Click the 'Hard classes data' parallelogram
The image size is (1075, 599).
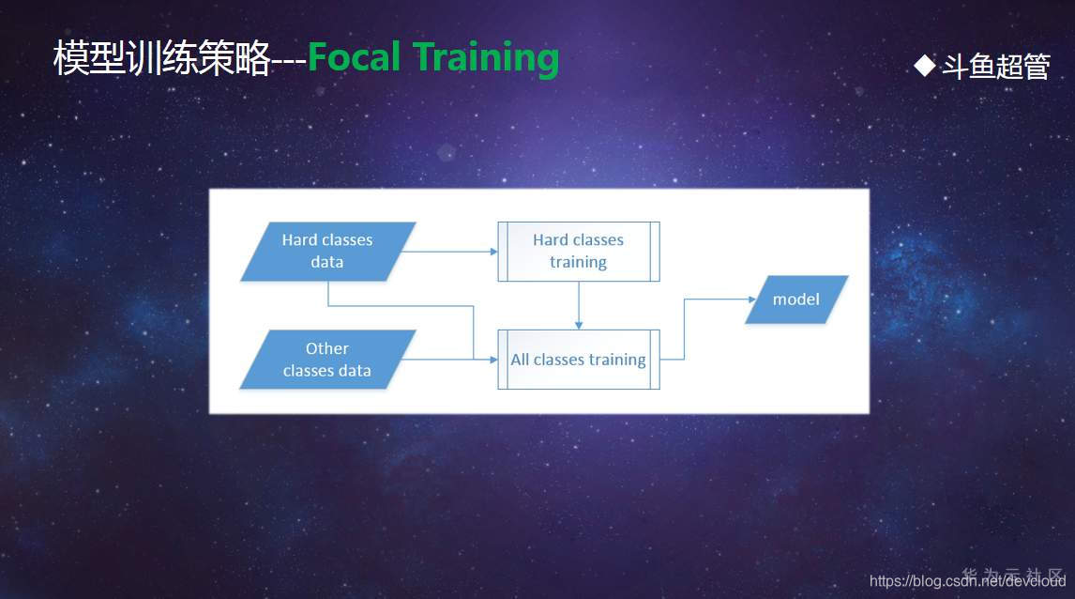click(327, 252)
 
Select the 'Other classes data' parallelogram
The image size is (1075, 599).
click(327, 360)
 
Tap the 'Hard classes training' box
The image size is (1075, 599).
click(578, 252)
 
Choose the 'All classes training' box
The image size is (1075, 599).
click(578, 360)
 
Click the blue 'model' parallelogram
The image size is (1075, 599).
click(796, 299)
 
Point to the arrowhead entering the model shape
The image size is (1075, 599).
click(752, 299)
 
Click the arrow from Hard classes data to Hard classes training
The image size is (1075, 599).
click(450, 252)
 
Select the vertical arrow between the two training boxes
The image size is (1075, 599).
click(579, 305)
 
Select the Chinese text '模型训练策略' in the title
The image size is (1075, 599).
click(161, 59)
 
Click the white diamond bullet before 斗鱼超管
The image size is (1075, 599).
click(925, 65)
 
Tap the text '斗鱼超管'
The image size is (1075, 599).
click(995, 67)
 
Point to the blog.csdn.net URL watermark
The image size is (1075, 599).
click(967, 581)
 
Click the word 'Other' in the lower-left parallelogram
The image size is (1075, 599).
click(327, 348)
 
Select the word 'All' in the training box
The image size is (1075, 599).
click(520, 360)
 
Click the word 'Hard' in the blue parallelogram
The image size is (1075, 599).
click(299, 240)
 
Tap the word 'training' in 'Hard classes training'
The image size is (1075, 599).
click(578, 263)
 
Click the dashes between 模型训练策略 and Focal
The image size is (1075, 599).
click(288, 61)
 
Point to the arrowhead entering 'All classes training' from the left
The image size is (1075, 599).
click(492, 360)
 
